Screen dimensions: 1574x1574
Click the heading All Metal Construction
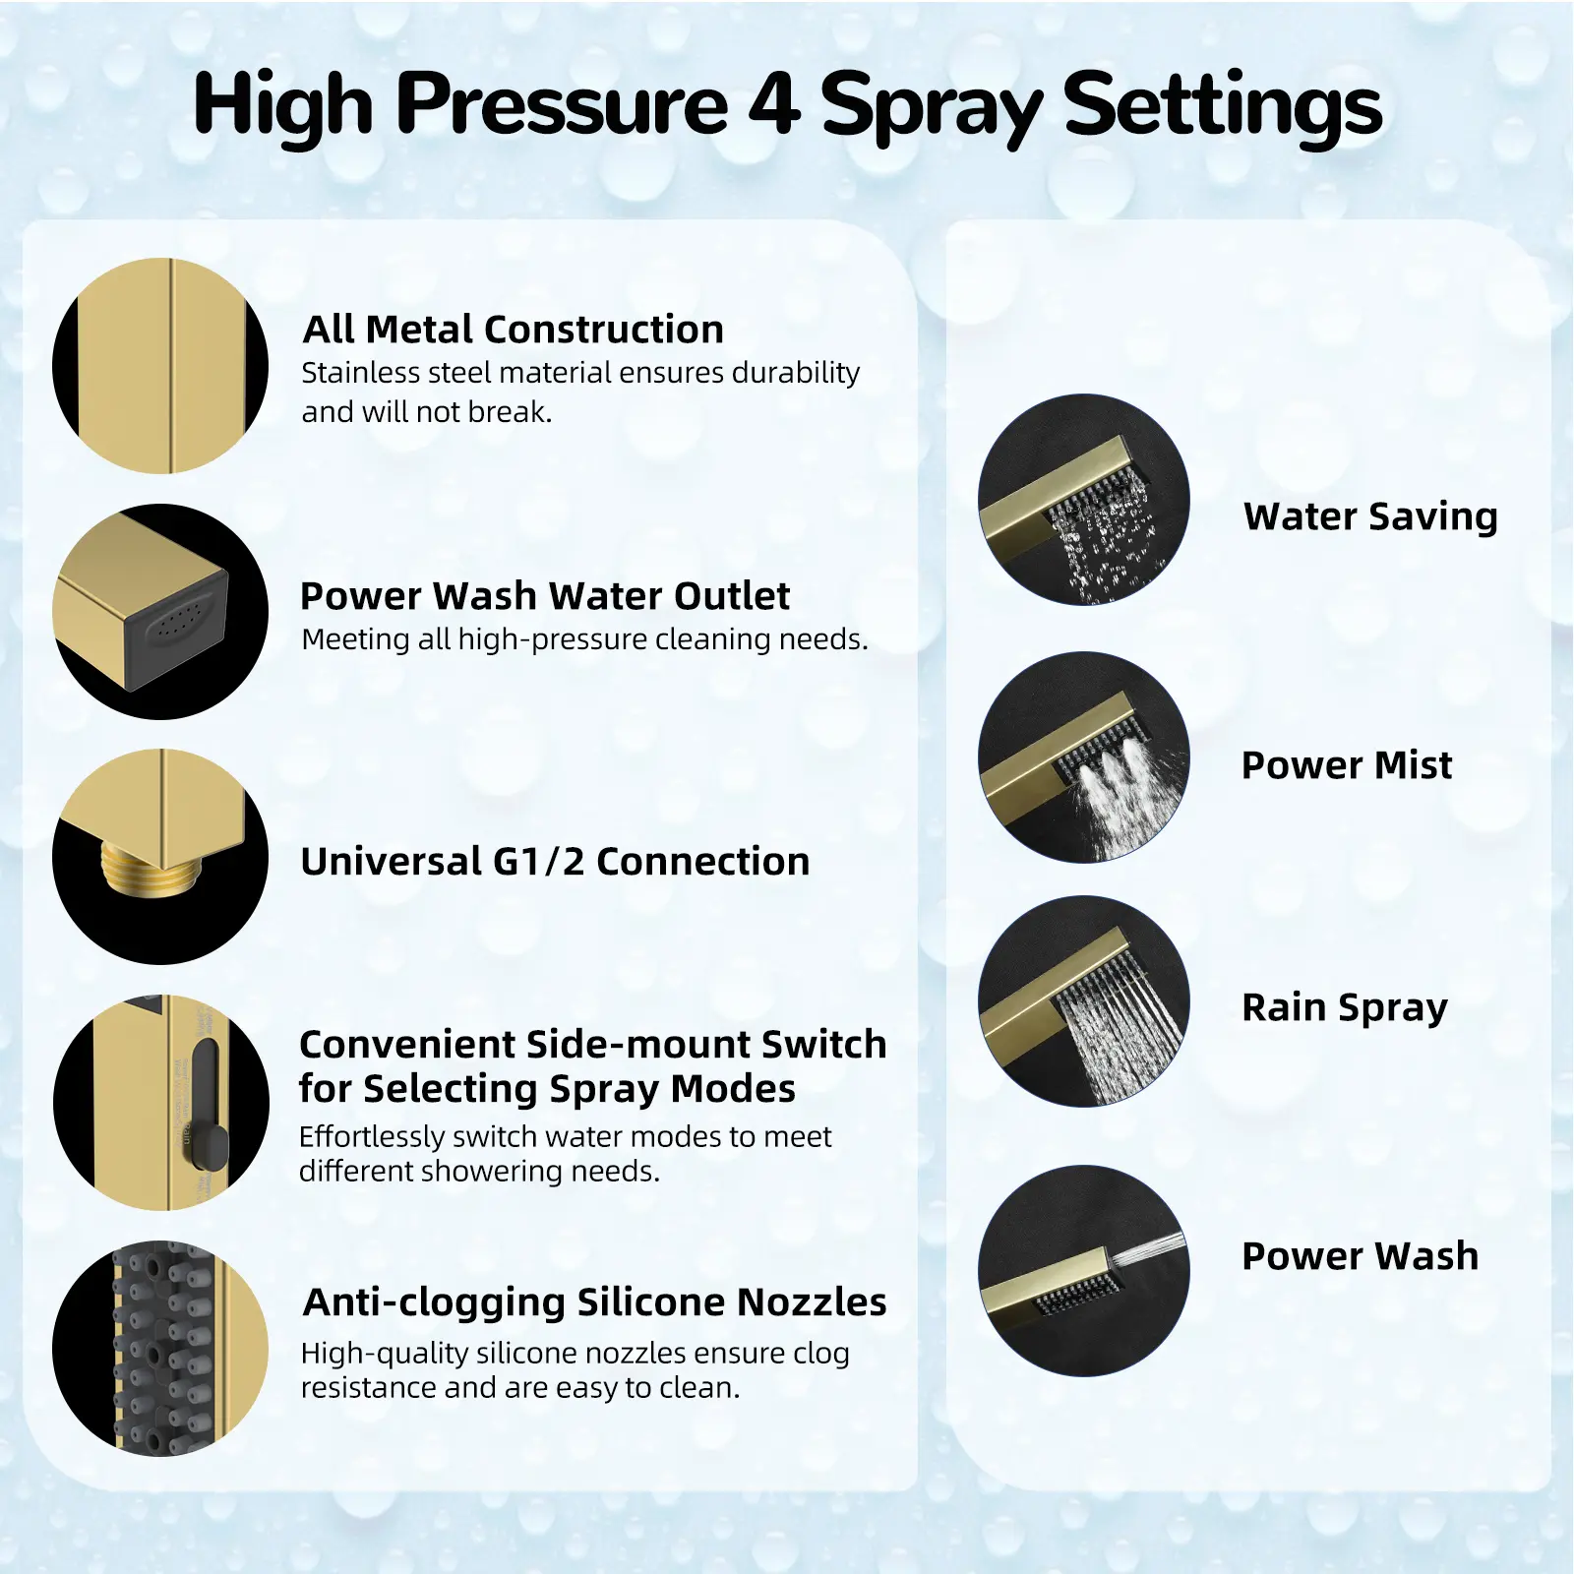(x=513, y=330)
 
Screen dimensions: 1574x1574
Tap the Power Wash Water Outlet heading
(x=544, y=596)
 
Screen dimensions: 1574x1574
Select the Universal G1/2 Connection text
(x=555, y=862)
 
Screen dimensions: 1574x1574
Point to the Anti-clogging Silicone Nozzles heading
(x=594, y=1302)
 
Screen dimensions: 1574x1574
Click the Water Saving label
(x=1370, y=516)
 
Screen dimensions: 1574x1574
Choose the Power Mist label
(x=1347, y=765)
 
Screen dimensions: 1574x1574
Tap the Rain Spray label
(x=1345, y=1008)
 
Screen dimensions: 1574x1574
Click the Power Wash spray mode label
(x=1360, y=1256)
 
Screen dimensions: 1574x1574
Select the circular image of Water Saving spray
(x=1084, y=500)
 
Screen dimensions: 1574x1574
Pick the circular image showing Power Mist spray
(x=1084, y=757)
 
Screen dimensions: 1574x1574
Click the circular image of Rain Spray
(x=1084, y=1001)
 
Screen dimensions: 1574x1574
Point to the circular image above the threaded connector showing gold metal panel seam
(x=160, y=366)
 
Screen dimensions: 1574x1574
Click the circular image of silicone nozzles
(x=160, y=1349)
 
